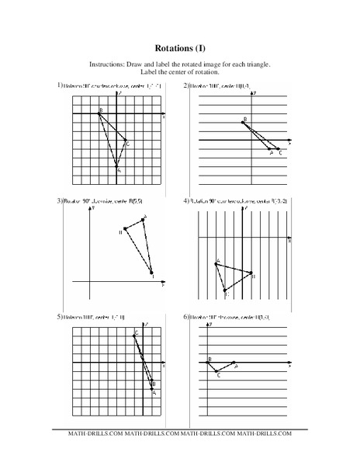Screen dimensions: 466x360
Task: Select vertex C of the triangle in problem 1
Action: [125, 141]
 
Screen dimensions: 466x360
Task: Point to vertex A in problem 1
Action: [117, 166]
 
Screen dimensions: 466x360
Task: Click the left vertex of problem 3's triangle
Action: [126, 230]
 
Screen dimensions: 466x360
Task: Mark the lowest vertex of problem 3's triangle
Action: [151, 273]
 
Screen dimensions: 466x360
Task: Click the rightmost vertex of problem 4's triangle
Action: [251, 273]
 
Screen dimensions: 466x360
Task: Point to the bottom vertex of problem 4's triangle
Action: [226, 290]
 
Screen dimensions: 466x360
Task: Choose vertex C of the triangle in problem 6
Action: [218, 371]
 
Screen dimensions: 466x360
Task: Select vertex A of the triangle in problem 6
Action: [234, 363]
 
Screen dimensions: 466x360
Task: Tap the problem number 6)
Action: [186, 318]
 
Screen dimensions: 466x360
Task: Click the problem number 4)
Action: [186, 201]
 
